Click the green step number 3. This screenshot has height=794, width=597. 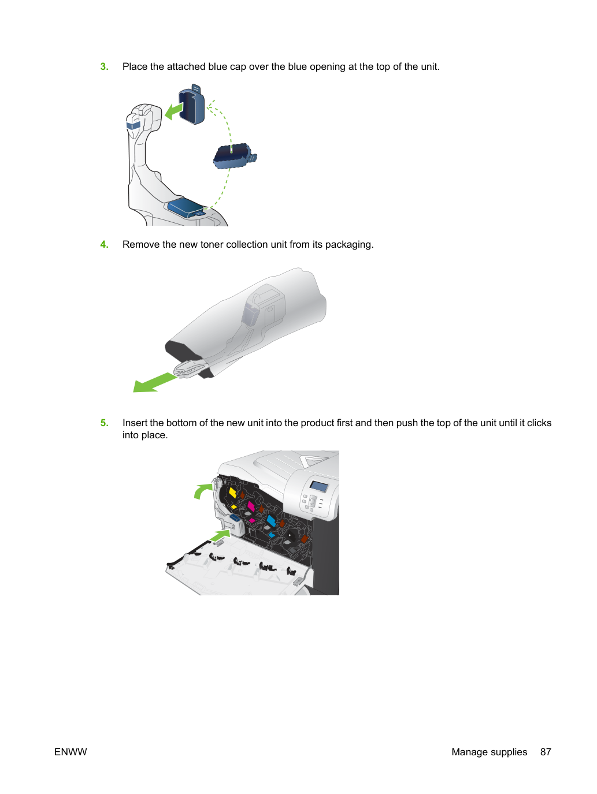click(104, 66)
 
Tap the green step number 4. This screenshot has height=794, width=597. click(104, 244)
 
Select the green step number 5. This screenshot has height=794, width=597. click(104, 423)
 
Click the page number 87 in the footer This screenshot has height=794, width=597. click(546, 752)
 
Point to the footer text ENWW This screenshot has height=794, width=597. click(71, 752)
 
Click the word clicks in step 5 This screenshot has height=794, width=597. click(539, 423)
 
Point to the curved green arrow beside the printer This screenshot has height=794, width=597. click(203, 491)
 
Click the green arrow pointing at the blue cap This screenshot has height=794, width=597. click(174, 110)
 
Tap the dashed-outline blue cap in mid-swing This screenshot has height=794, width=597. click(235, 156)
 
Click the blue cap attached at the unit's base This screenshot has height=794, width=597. click(186, 207)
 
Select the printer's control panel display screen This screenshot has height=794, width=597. click(318, 486)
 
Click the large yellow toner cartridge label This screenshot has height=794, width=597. click(232, 493)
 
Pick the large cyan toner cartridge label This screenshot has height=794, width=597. click(271, 520)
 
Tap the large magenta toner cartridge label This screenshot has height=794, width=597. click(251, 506)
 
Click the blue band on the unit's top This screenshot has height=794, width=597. click(134, 125)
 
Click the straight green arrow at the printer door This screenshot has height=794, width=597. click(220, 535)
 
